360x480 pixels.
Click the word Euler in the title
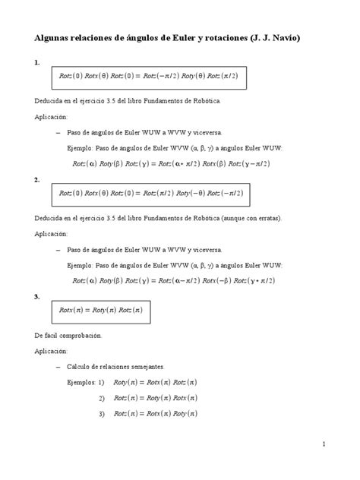[x=187, y=37]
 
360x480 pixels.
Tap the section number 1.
[x=36, y=64]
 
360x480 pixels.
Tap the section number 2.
[x=36, y=180]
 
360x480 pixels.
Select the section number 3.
[x=36, y=296]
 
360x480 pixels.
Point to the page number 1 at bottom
[x=324, y=444]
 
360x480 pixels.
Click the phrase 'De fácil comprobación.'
[x=68, y=335]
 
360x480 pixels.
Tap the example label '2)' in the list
[x=102, y=398]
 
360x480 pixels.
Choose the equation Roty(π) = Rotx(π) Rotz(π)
[x=155, y=383]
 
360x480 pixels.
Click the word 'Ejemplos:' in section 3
[x=82, y=383]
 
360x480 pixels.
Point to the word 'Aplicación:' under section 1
[x=51, y=117]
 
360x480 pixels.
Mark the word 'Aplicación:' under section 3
[x=51, y=351]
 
